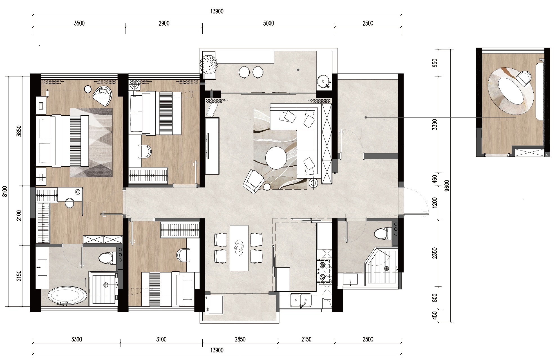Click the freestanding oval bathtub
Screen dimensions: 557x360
click(x=67, y=296)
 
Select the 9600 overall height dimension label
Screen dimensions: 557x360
click(x=447, y=185)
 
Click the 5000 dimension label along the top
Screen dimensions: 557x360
click(x=268, y=23)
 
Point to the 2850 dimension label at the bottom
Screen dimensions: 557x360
click(x=240, y=339)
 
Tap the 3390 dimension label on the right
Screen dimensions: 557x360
click(x=435, y=124)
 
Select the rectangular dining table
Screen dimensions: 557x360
click(x=239, y=248)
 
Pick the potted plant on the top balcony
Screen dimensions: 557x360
click(x=209, y=64)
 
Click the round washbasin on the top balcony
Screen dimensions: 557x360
click(x=324, y=81)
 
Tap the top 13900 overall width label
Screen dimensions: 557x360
click(x=217, y=11)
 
